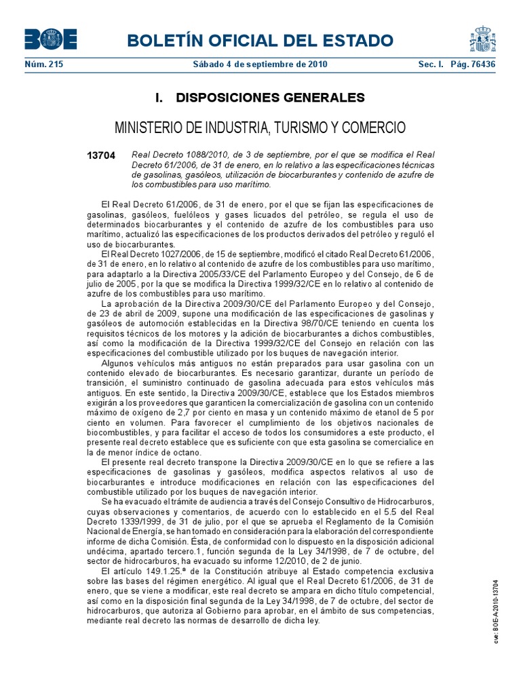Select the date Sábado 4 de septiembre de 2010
260,64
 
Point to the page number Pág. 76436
472,64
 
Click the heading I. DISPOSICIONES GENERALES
260,98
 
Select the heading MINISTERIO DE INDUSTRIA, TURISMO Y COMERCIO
260,128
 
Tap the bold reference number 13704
101,156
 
